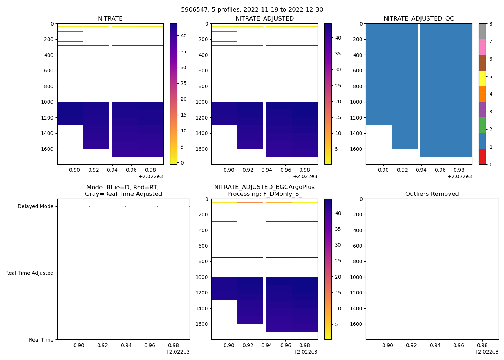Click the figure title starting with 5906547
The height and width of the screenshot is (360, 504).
252,10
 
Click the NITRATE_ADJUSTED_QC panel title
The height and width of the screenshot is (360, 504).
419,19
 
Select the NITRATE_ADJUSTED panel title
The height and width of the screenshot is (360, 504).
264,19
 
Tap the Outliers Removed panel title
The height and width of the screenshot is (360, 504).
432,194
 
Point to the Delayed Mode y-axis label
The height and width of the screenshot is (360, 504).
35,207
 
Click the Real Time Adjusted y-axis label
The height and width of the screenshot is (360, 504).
30,273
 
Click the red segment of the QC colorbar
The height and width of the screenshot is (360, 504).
482,157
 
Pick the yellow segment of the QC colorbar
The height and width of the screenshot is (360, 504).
482,78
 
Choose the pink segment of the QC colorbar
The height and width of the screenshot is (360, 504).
482,47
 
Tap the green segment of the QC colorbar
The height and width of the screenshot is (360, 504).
482,125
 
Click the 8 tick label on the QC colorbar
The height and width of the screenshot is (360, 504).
491,24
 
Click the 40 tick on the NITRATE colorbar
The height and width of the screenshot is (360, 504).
183,36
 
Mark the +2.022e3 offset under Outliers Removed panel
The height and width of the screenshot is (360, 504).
486,352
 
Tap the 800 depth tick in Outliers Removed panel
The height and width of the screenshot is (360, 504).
357,262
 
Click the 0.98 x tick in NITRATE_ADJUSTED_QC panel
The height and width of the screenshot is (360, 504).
459,170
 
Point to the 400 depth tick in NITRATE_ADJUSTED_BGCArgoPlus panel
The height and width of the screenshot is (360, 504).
203,230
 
